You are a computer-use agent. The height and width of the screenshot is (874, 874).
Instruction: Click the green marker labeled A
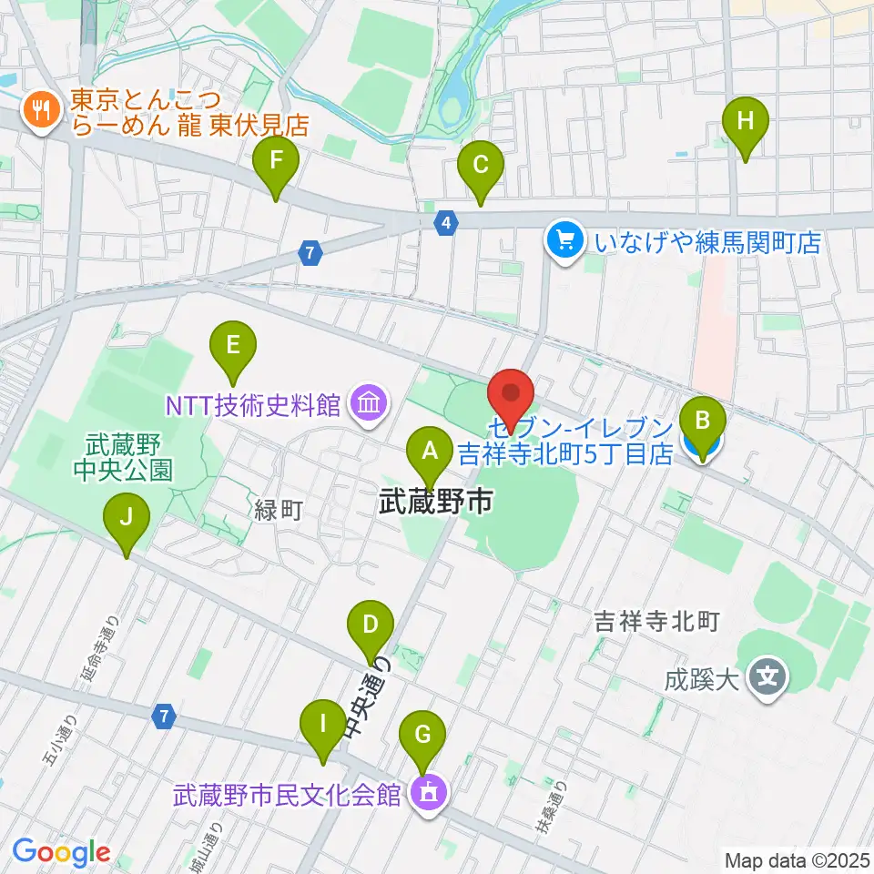tap(429, 449)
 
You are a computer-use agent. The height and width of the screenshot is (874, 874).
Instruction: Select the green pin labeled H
tap(746, 119)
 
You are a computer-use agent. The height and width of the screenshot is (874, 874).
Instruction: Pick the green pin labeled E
tap(233, 345)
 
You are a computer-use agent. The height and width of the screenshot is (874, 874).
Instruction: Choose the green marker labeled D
tap(371, 625)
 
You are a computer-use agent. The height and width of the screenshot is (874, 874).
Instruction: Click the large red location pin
tap(512, 393)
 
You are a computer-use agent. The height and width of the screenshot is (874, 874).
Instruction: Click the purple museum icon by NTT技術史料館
tap(369, 401)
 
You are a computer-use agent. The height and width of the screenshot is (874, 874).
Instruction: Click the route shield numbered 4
tap(444, 221)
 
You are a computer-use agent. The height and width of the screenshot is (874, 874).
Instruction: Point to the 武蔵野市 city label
tap(435, 501)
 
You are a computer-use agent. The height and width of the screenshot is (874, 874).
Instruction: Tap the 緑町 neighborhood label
tap(278, 510)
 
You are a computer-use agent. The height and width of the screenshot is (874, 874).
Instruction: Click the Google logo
tap(62, 853)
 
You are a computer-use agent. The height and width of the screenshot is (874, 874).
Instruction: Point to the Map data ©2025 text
tap(796, 859)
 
